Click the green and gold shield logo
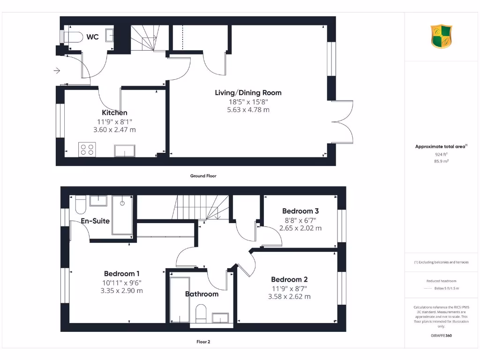pos(442,37)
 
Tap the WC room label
pos(93,37)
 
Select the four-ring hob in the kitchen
pos(87,149)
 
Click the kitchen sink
pos(125,150)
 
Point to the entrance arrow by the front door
pos(57,71)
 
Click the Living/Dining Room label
pos(248,93)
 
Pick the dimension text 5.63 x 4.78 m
pos(248,110)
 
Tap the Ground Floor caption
pos(203,176)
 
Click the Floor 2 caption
pos(203,342)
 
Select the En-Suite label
pos(95,220)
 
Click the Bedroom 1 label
pos(121,273)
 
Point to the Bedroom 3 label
pos(300,211)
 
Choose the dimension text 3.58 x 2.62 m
pos(289,296)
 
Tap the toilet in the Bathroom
pos(201,313)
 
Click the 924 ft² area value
pos(441,154)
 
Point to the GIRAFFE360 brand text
pos(441,336)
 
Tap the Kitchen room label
pos(114,112)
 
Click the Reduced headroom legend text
pos(441,281)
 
